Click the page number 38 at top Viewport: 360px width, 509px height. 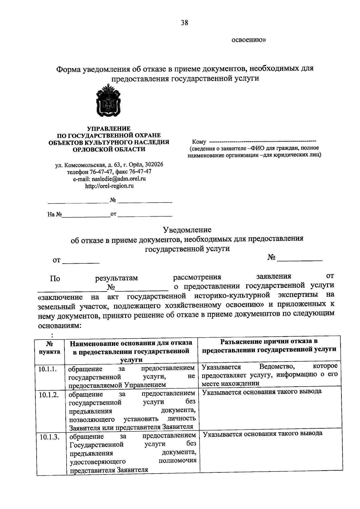184,23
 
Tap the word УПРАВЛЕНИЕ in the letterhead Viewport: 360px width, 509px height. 109,129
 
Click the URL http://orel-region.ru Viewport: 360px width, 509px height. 109,186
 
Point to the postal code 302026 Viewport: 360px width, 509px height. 154,165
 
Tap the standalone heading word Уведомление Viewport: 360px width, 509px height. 187,230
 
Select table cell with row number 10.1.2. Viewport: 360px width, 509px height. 48,394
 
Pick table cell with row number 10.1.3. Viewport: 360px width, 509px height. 49,437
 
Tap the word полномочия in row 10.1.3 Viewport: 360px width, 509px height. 177,460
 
